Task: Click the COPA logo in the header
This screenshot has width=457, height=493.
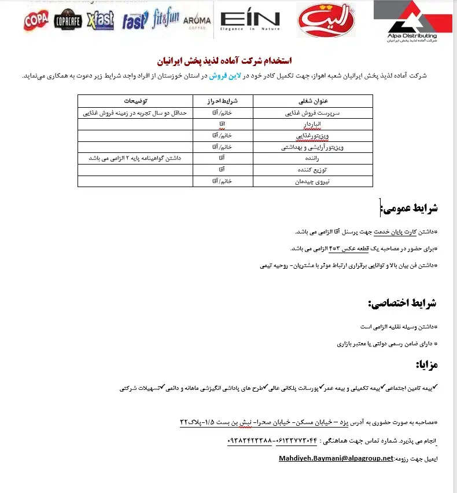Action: (x=36, y=21)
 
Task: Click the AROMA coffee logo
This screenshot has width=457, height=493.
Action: (x=197, y=22)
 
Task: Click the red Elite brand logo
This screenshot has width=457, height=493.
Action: (x=322, y=21)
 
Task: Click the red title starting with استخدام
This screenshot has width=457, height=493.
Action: (x=224, y=61)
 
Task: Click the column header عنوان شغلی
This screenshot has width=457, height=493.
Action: (x=314, y=101)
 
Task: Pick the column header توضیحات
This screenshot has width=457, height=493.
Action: (x=135, y=101)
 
